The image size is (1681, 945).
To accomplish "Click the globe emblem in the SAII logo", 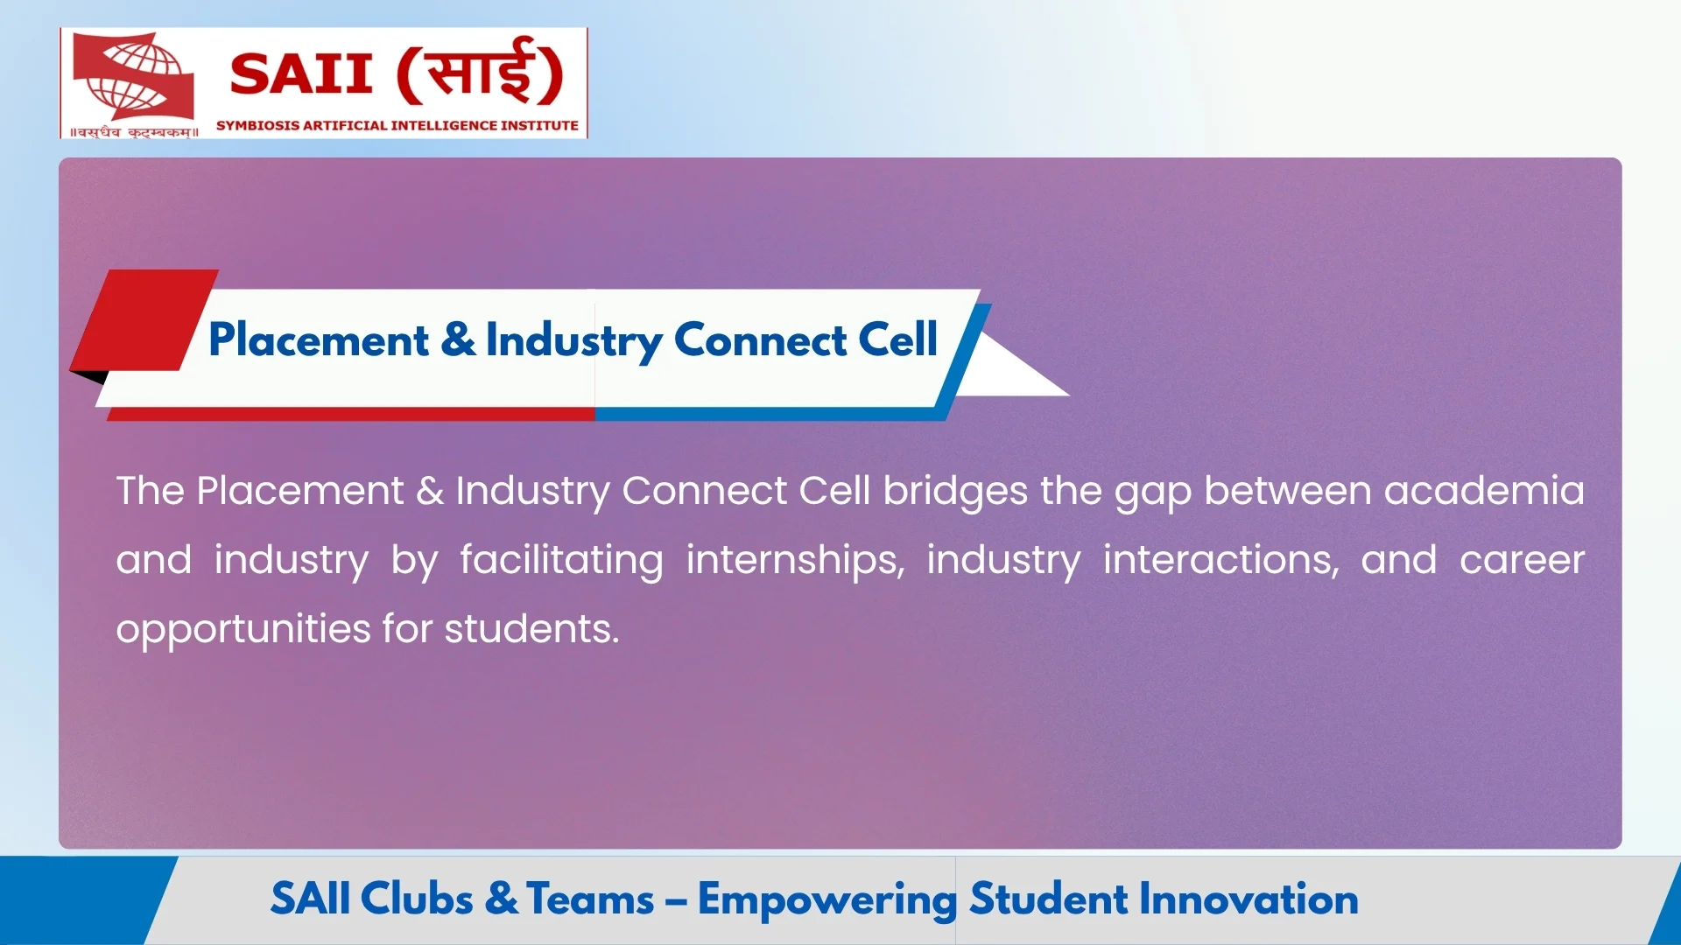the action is coord(133,77).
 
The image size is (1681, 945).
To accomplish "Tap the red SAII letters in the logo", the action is coord(301,73).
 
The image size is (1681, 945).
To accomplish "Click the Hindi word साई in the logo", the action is coord(480,70).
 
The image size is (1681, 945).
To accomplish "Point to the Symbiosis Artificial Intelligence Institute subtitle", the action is coord(397,126).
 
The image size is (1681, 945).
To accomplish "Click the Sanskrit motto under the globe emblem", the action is coord(134,132).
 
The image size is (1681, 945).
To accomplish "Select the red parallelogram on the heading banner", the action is coord(144,320).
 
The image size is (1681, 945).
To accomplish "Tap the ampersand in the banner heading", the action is coord(458,339).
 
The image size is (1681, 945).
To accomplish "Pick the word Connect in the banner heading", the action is coord(760,339).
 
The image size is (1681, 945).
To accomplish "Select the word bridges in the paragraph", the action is coord(955,492).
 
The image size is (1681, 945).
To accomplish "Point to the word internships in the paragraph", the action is coord(795,560).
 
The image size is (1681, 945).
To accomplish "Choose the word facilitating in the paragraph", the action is coord(561,560).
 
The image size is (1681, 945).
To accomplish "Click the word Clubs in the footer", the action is coord(417,899).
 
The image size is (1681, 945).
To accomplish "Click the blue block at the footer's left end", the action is coord(79,900).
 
